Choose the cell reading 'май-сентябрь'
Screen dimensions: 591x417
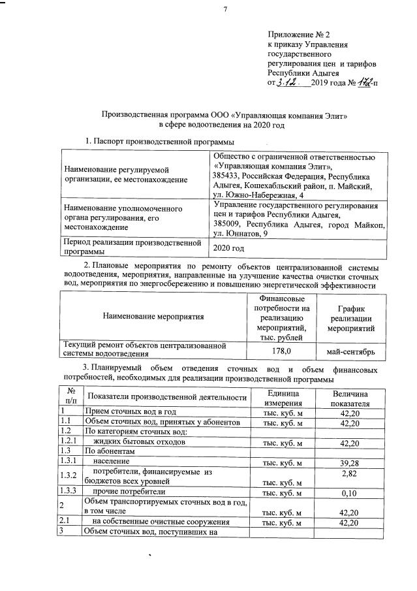(350, 352)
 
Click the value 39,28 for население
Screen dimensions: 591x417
(350, 463)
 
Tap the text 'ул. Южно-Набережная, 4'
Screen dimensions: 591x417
(258, 195)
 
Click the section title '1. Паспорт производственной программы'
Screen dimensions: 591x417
(161, 142)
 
